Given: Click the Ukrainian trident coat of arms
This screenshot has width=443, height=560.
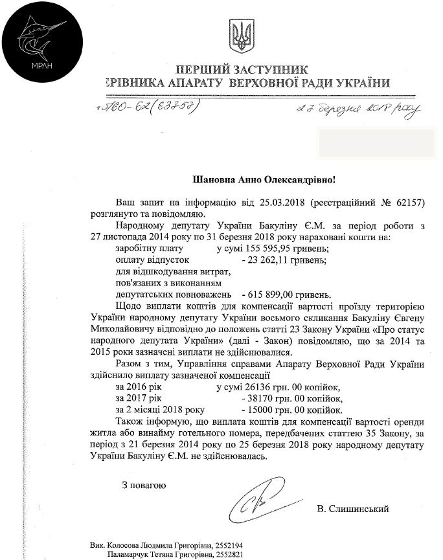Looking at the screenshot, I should [x=240, y=38].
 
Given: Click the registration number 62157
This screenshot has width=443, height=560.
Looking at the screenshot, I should [x=407, y=203].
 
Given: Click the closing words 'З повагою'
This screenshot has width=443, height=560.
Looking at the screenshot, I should [x=145, y=484].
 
